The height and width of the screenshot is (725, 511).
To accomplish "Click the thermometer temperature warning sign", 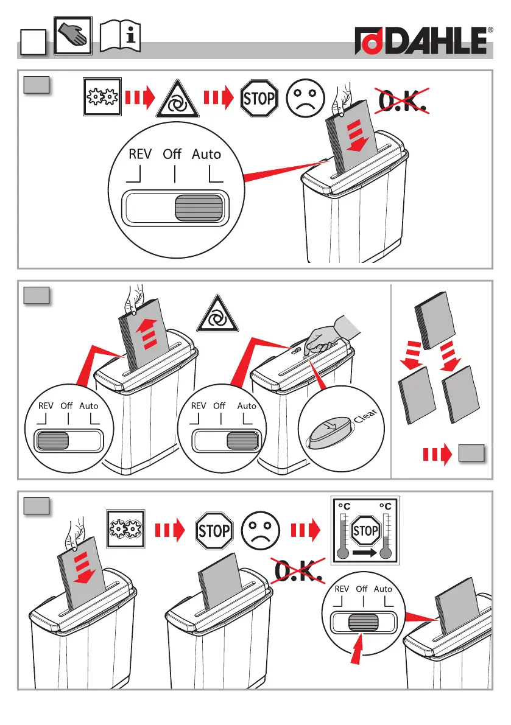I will click(365, 530).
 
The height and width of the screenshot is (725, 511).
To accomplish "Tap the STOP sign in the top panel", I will click(259, 97).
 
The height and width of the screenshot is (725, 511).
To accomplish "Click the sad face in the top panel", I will click(306, 97).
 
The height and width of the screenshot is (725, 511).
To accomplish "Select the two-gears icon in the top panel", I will click(103, 97).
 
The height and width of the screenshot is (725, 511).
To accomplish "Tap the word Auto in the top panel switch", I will click(206, 154).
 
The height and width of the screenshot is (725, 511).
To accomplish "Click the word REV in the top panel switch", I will click(140, 154).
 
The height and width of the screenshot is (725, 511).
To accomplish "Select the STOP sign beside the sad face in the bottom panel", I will click(213, 531).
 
